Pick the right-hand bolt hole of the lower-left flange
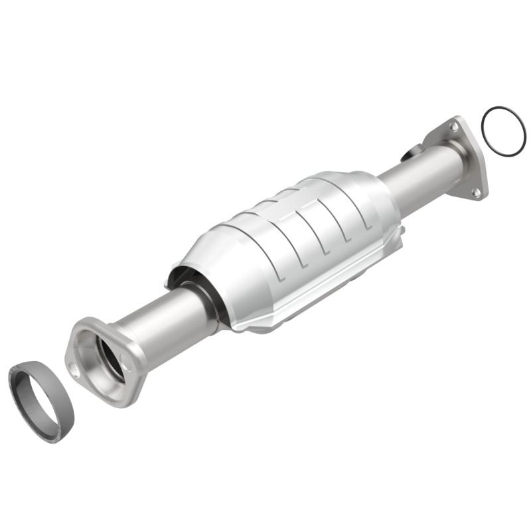124,359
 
